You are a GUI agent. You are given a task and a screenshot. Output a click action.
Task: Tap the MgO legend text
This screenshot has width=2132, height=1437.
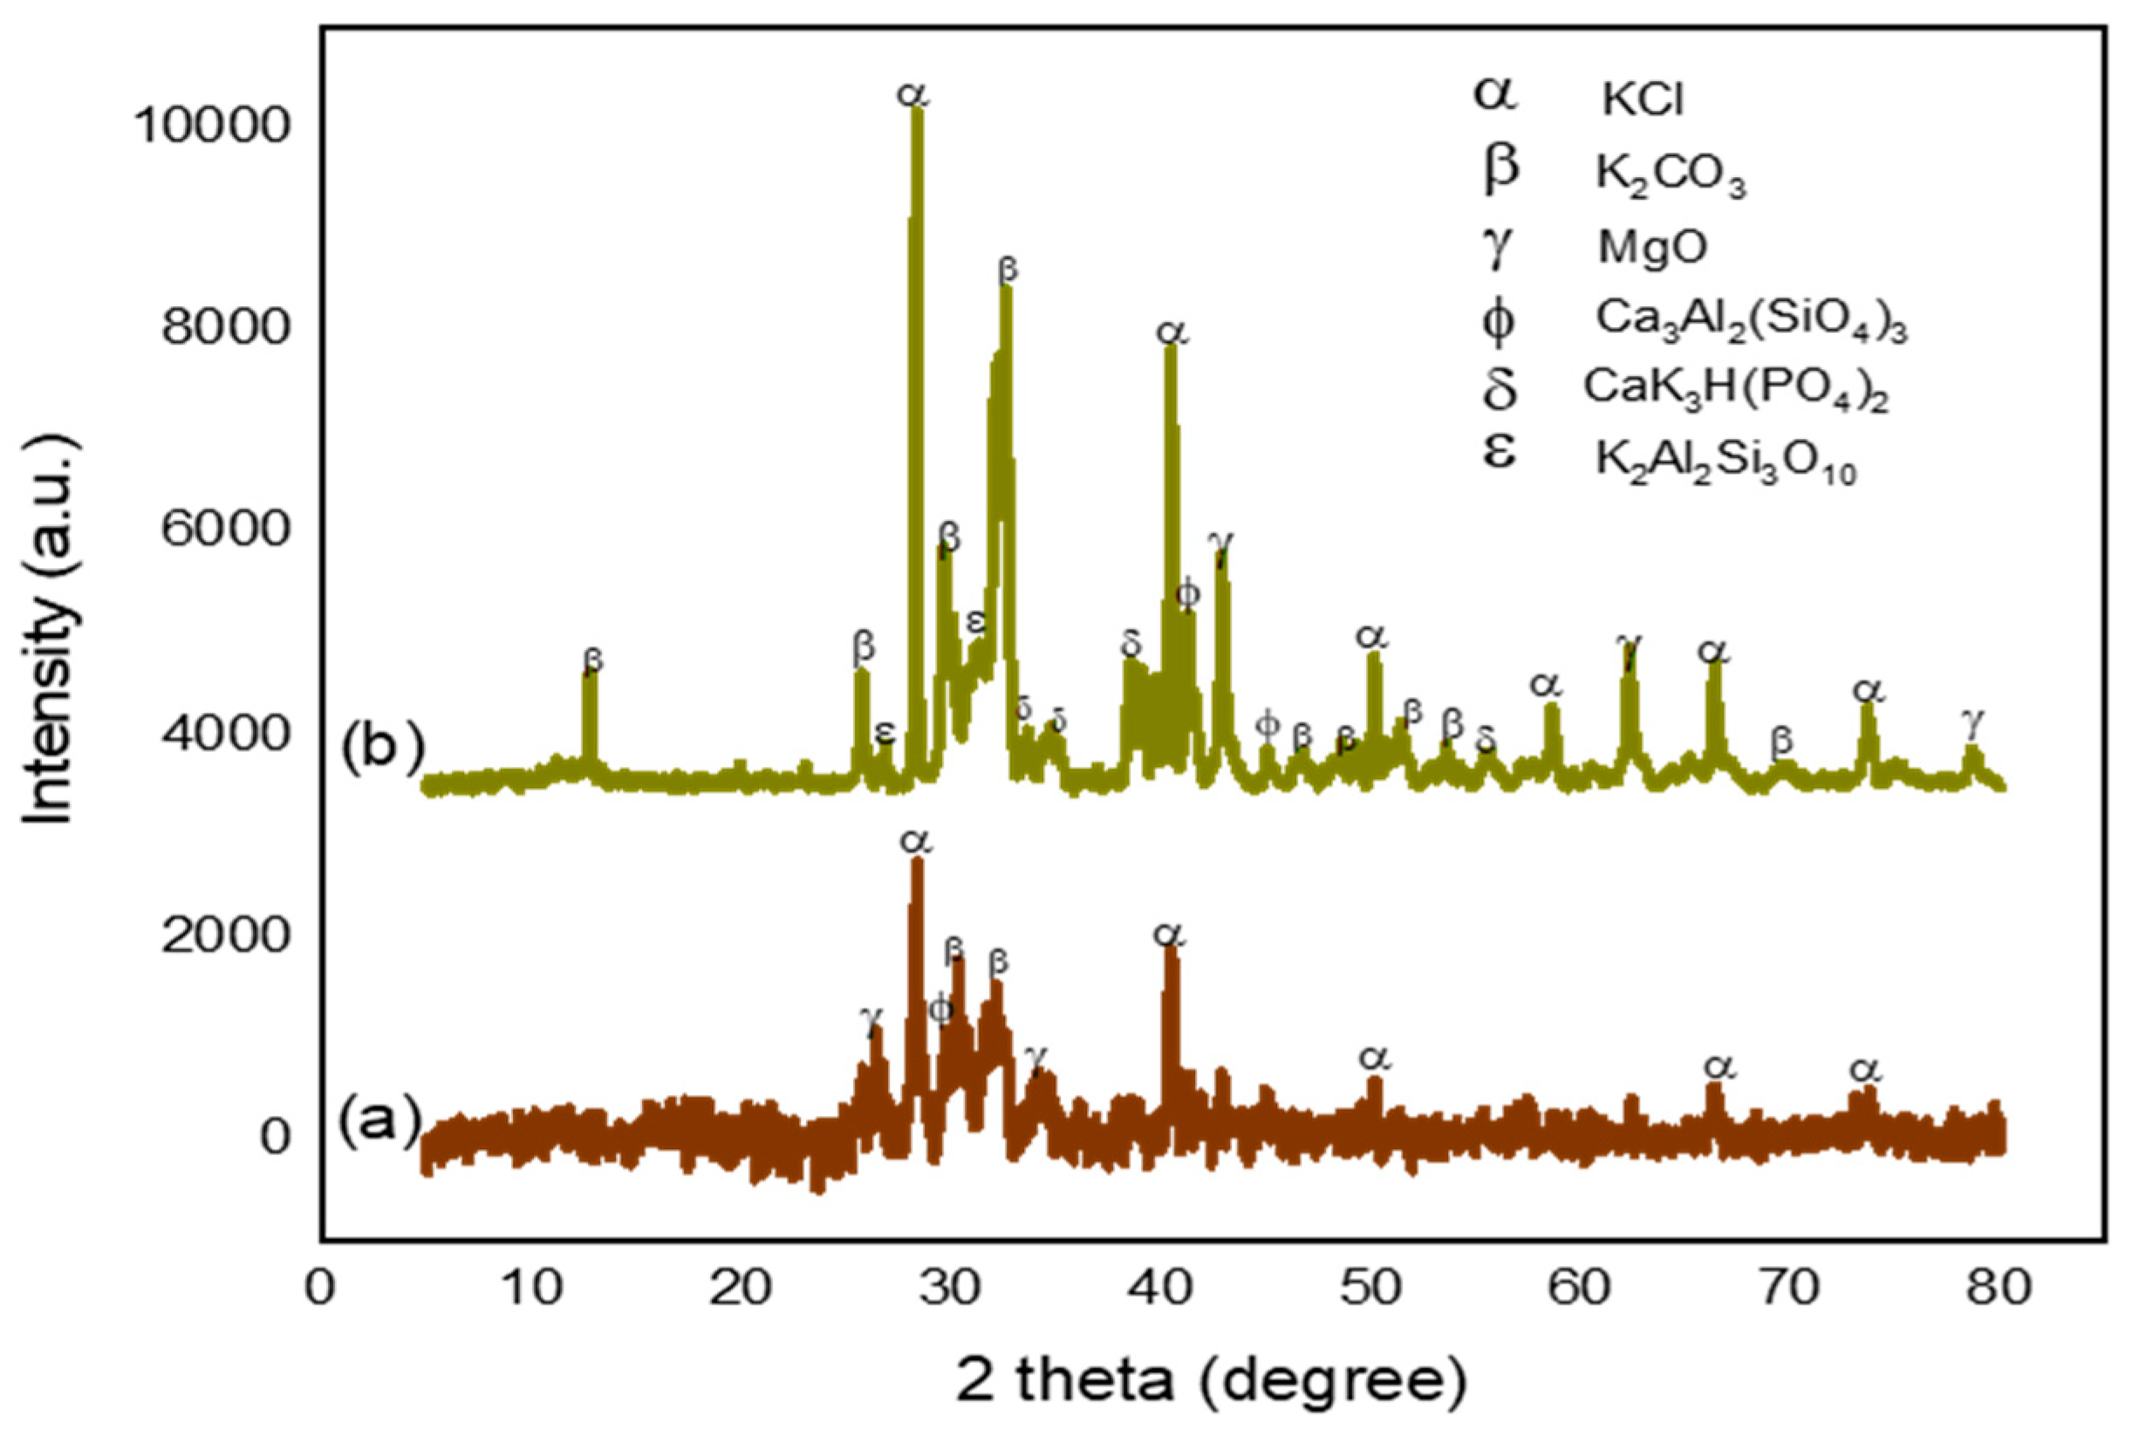pos(1652,249)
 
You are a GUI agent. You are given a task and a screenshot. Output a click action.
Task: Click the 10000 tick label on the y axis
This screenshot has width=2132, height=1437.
pos(212,126)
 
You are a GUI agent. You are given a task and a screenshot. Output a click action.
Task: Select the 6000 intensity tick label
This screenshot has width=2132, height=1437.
pos(225,530)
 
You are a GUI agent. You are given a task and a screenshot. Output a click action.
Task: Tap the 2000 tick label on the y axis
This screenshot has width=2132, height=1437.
pos(225,934)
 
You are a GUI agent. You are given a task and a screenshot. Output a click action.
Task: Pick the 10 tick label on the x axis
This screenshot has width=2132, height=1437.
pos(532,1288)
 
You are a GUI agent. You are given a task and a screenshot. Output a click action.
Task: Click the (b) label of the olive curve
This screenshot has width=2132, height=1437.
pos(383,746)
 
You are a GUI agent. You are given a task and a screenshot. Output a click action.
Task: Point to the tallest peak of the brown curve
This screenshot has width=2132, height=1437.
pos(917,861)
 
